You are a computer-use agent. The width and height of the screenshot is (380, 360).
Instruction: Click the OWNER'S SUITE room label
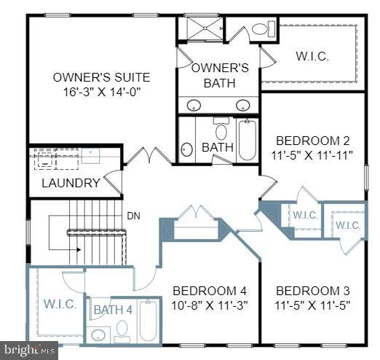tap(101, 77)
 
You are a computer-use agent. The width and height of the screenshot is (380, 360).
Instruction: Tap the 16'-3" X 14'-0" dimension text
tap(101, 93)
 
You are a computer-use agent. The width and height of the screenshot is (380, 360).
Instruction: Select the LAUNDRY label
tap(70, 183)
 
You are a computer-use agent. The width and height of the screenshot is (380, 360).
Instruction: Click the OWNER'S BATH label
tap(219, 75)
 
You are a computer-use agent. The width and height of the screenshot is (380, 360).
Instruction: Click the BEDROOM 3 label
tap(314, 290)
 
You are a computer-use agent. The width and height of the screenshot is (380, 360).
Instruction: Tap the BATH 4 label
tap(113, 309)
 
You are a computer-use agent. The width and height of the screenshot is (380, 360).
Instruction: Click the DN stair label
tap(133, 215)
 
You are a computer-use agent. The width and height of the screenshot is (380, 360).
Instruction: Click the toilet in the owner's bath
tap(261, 29)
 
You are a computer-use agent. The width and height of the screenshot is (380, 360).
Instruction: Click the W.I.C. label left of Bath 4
tap(59, 304)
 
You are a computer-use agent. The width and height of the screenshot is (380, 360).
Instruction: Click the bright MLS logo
tap(28, 351)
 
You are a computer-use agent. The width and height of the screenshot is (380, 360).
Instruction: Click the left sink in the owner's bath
tap(194, 106)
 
